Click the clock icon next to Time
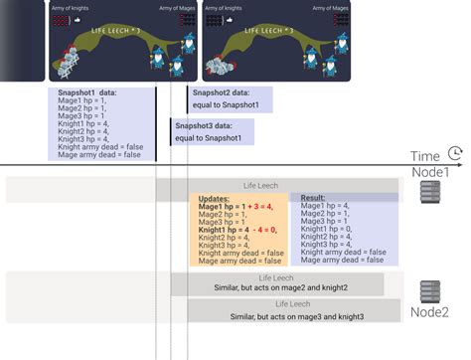tap(454, 155)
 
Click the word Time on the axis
tap(424, 156)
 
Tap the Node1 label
tap(430, 172)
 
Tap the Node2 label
tap(430, 313)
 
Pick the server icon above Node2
tap(430, 291)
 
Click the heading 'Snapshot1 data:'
tap(87, 92)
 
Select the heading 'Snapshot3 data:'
tap(206, 126)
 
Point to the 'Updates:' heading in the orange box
tap(215, 198)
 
